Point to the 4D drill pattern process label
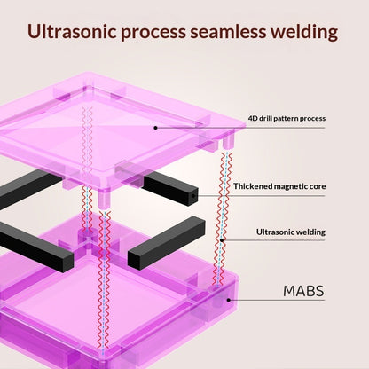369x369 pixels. click(x=287, y=119)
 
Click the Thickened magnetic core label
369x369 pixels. click(x=279, y=186)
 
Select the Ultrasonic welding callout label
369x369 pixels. click(x=291, y=232)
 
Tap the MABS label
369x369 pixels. click(x=303, y=291)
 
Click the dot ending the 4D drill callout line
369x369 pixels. click(x=155, y=128)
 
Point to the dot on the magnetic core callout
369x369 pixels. click(x=193, y=196)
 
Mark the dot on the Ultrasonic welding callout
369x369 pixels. click(x=222, y=240)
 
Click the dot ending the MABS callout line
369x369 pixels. click(x=228, y=300)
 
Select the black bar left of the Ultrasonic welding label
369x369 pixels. click(x=167, y=243)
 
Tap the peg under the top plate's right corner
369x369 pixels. click(x=228, y=142)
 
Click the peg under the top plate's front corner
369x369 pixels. click(x=104, y=200)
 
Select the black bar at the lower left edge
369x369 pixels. click(x=35, y=247)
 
